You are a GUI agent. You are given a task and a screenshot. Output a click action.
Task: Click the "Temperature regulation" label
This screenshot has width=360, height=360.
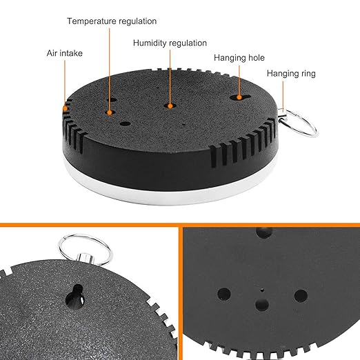(x=112, y=21)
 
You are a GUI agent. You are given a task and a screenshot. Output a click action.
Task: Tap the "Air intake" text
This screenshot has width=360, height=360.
(x=65, y=53)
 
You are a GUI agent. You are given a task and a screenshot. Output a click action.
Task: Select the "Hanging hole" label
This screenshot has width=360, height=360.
(x=239, y=58)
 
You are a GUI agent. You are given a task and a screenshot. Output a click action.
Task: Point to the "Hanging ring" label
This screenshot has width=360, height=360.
(x=291, y=74)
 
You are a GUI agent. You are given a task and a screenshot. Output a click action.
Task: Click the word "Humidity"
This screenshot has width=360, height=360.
(x=150, y=43)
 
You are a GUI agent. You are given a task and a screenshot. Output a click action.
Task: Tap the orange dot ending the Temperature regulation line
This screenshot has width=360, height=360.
(x=109, y=112)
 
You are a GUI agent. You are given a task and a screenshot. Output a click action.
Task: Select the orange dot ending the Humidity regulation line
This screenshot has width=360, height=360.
(x=170, y=106)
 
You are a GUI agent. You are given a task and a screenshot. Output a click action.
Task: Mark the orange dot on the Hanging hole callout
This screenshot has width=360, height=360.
(x=239, y=97)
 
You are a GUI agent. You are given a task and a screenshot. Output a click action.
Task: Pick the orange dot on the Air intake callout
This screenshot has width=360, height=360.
(x=66, y=108)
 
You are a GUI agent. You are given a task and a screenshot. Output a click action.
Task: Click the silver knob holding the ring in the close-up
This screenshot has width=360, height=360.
(x=86, y=259)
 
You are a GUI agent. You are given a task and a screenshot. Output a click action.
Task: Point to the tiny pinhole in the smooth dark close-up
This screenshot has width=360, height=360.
(x=262, y=290)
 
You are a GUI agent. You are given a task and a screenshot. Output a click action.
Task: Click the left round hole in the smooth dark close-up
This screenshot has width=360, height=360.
(x=224, y=294)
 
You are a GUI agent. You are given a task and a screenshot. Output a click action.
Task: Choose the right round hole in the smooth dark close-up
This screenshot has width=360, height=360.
(x=301, y=296)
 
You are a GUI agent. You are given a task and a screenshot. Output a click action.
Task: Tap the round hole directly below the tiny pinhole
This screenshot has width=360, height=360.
(x=262, y=305)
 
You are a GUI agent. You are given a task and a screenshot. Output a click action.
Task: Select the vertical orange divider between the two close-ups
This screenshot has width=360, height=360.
(x=181, y=292)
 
